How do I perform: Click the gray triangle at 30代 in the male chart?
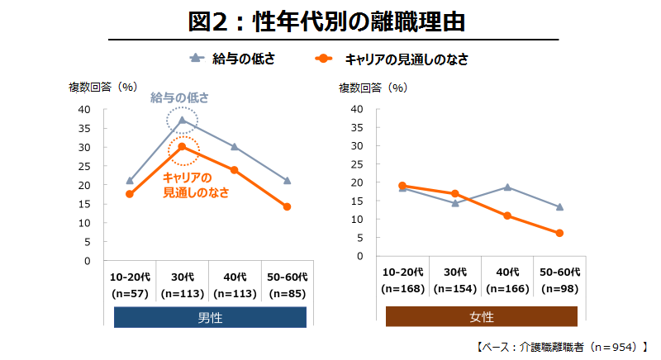pos(182,121)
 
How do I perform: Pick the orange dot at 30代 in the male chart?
pos(182,147)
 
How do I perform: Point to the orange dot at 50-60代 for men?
pos(287,206)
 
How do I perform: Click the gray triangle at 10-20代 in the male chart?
pos(130,180)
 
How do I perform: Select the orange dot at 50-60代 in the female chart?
pos(559,233)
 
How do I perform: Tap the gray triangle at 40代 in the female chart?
pos(507,187)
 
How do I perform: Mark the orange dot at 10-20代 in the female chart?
pos(402,186)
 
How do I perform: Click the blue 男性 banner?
pos(210,317)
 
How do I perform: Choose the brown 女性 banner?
pos(482,317)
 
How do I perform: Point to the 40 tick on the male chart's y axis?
pos(84,110)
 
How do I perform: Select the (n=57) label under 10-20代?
pos(130,292)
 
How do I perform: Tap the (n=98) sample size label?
pos(560,289)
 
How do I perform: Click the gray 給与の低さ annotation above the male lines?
pos(179,97)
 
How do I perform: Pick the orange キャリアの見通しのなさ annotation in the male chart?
pos(195,185)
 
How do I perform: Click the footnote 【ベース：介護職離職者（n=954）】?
pos(562,347)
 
